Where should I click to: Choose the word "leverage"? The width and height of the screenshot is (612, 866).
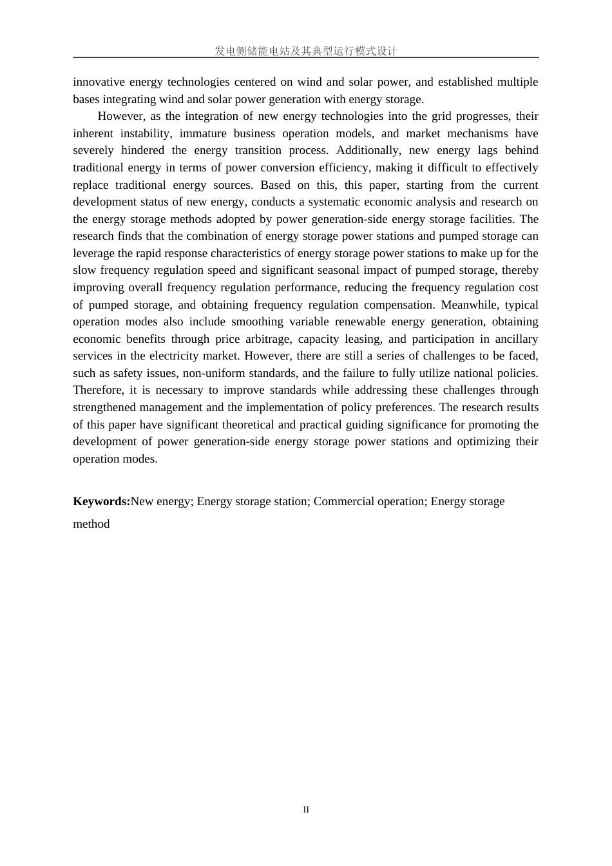(94, 253)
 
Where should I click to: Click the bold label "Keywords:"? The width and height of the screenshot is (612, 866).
(102, 501)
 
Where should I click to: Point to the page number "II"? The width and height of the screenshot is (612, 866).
(306, 810)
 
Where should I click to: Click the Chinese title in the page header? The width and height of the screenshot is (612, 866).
(306, 51)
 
